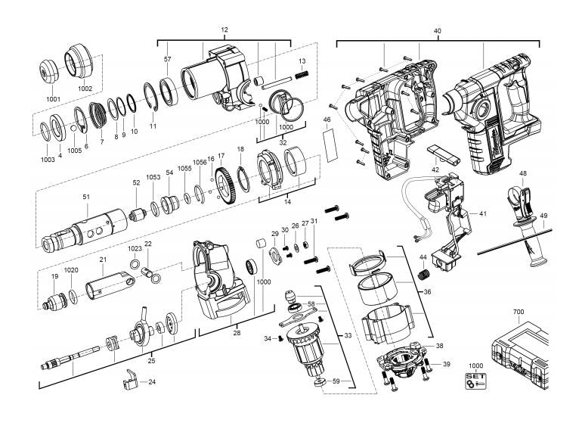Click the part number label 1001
point(53,99)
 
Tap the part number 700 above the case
point(519,312)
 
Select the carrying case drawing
point(521,356)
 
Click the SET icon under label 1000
point(475,381)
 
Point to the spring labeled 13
point(302,75)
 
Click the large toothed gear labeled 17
point(225,185)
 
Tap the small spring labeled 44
point(423,275)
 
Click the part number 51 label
point(86,197)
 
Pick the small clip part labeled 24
point(130,378)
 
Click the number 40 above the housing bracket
point(437,31)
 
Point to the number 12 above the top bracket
point(224,30)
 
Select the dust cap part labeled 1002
point(79,61)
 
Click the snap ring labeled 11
point(151,97)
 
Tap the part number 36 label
point(427,292)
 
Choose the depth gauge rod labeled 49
point(515,241)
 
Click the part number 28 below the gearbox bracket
point(237,333)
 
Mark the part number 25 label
point(151,361)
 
